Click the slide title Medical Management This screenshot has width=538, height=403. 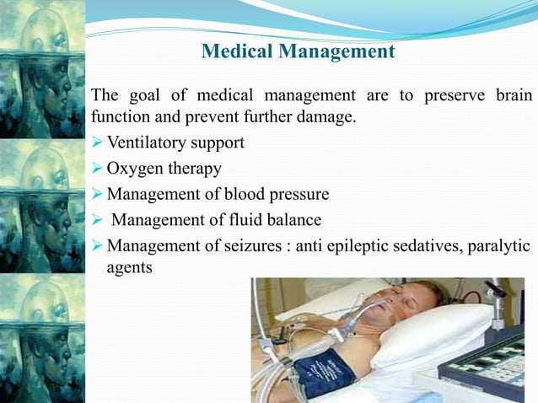click(x=299, y=52)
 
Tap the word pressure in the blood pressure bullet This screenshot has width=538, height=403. click(x=299, y=195)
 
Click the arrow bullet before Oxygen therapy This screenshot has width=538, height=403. click(x=95, y=169)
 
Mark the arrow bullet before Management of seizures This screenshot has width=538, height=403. click(x=95, y=248)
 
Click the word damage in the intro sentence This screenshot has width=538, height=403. click(x=326, y=116)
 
